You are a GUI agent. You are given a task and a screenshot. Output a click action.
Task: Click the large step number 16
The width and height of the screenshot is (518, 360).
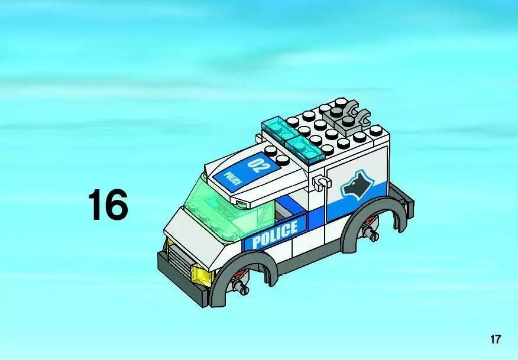108,205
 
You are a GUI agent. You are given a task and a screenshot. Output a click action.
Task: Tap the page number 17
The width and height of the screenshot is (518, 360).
496,339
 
